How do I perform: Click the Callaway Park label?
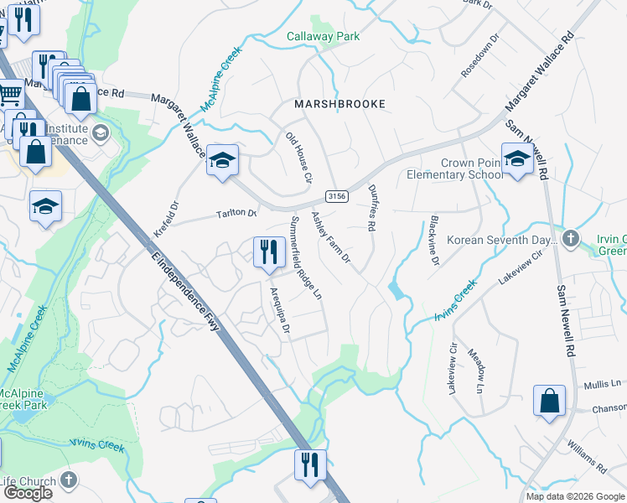323,36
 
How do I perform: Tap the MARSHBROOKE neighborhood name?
339,104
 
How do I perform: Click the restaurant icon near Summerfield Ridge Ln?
268,251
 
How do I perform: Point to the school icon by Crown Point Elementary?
517,158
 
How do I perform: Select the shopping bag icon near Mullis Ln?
549,401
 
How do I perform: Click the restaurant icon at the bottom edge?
310,464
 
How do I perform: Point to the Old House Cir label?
298,158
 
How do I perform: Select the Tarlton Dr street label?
237,214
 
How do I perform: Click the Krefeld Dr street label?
166,219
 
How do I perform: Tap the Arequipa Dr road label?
279,311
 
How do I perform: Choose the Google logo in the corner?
28,493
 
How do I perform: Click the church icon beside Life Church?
69,481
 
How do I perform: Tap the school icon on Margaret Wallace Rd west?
223,159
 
